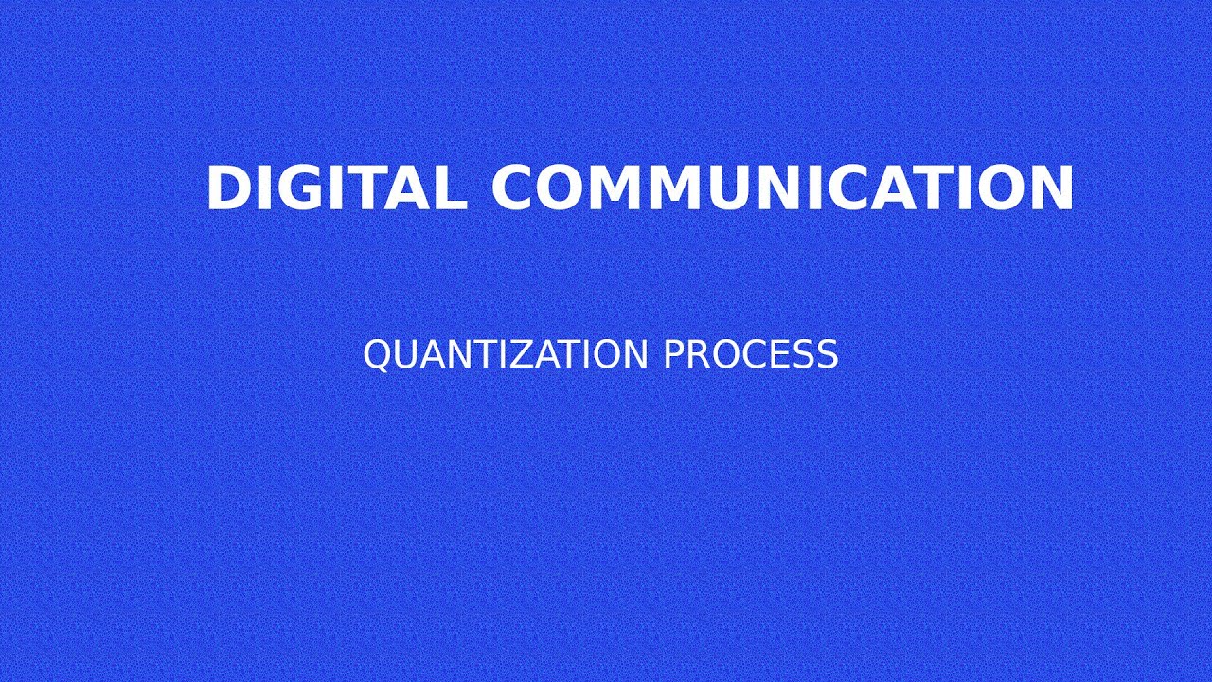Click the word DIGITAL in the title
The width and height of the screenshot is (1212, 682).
click(336, 188)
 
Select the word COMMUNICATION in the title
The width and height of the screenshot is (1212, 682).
click(782, 188)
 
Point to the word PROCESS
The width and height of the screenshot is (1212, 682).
click(750, 354)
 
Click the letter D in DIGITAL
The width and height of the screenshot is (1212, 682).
click(225, 188)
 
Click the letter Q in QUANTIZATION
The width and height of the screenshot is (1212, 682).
click(377, 354)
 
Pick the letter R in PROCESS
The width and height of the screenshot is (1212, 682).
click(696, 354)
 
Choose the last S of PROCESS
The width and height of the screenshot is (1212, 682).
click(828, 354)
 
